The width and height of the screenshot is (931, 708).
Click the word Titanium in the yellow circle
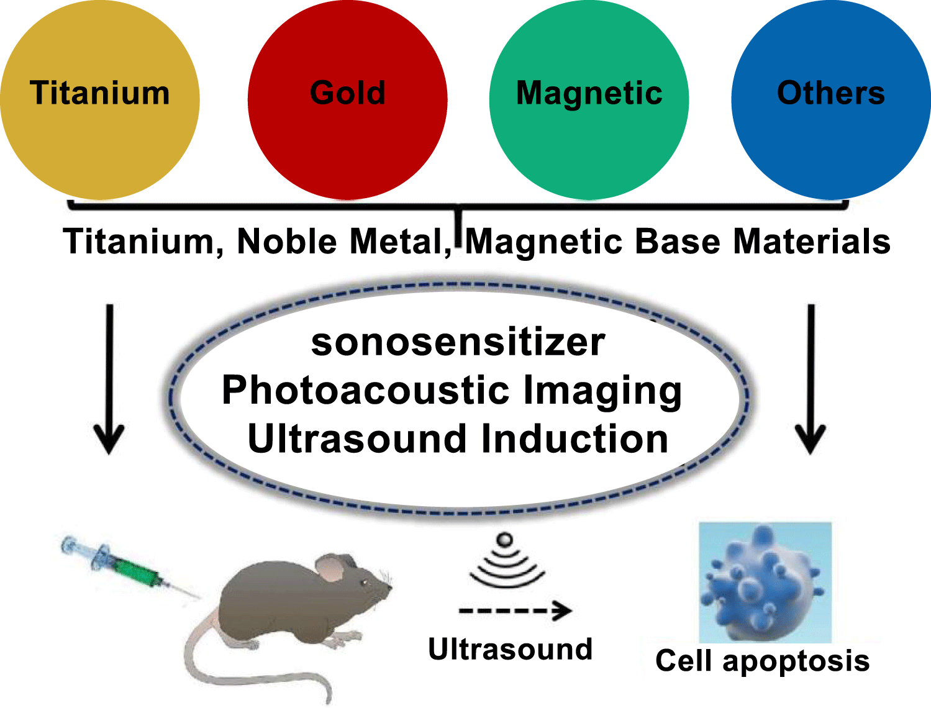[99, 93]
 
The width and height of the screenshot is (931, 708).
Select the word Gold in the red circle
[347, 93]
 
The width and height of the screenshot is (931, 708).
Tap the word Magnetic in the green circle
[589, 94]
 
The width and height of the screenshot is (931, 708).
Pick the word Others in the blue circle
[831, 93]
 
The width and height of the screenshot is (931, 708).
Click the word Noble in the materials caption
[287, 242]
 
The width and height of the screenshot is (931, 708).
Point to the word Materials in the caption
[812, 242]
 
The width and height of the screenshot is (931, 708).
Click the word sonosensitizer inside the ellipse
[458, 343]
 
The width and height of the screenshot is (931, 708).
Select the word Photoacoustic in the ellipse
[365, 391]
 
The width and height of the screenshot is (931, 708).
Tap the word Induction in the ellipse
[574, 439]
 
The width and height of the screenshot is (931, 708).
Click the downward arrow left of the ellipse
[109, 379]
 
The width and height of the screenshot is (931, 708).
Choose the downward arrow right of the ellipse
[811, 379]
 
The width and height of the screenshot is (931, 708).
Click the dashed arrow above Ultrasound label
[515, 611]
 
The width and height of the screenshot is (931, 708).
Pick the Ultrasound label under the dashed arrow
[511, 649]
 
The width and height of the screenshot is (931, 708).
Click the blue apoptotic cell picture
[765, 582]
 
